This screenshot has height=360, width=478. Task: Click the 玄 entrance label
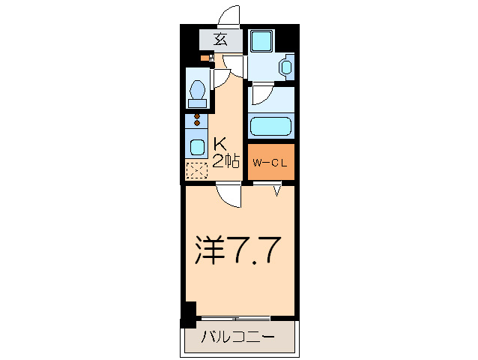[x=220, y=40]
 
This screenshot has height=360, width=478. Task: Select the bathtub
[x=270, y=127]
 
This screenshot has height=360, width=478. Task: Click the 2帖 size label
[x=225, y=160]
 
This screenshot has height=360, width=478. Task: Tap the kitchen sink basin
[x=197, y=146]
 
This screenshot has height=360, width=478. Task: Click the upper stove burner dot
[x=198, y=117]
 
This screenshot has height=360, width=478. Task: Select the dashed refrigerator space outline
[x=196, y=171]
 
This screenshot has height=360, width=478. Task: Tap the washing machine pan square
[x=262, y=40]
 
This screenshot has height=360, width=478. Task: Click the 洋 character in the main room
[x=211, y=250]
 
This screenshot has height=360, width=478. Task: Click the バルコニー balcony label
[x=238, y=337]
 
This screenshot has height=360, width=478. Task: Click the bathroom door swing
[x=262, y=94]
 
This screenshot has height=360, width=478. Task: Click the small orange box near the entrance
[x=205, y=58]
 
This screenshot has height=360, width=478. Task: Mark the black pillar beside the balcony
[x=188, y=313]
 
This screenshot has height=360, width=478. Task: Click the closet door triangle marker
[x=277, y=192]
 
